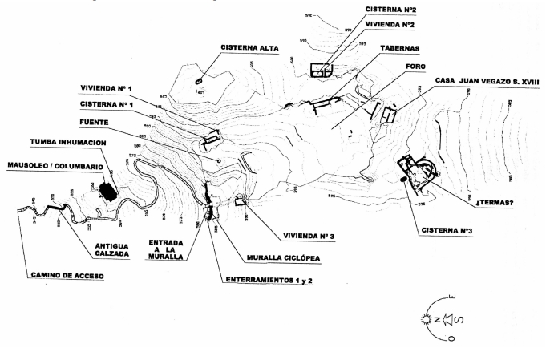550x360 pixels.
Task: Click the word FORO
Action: (x=415, y=66)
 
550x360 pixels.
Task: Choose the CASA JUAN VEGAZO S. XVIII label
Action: (x=484, y=81)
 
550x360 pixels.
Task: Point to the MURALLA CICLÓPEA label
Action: (x=284, y=259)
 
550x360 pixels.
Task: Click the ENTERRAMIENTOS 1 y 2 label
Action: (x=270, y=280)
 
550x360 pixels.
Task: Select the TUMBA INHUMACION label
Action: (x=69, y=141)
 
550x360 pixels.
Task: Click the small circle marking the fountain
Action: (x=219, y=160)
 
